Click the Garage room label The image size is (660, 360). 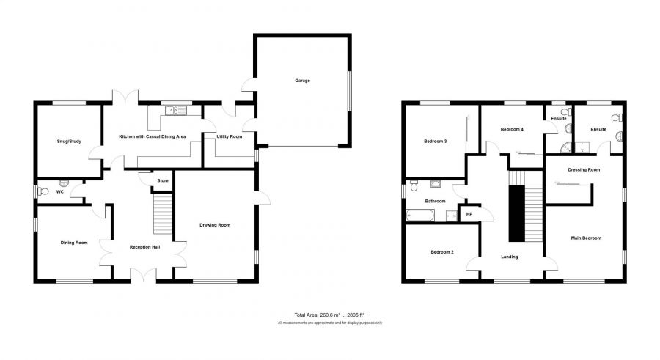coord(302,81)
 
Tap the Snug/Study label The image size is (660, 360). coord(69,142)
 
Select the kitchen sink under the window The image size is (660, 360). coord(176,110)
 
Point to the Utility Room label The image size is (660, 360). coord(230,136)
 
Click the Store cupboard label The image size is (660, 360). coord(163,180)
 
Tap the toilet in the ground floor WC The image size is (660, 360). coord(43,192)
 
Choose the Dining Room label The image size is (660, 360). coord(74,243)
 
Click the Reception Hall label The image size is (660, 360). coord(144,247)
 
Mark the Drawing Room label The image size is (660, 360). coord(215,225)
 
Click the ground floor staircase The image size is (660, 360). coord(163,213)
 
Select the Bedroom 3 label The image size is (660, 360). coord(435,142)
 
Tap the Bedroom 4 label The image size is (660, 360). coord(512,129)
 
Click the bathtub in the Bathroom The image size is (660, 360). coord(420,216)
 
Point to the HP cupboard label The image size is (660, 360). coord(469,214)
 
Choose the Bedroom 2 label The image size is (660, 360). coord(442,252)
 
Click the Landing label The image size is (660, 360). coord(510,257)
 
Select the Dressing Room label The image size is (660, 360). coord(584,169)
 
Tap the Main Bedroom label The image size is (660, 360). coord(586,238)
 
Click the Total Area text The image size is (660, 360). coord(329,315)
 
